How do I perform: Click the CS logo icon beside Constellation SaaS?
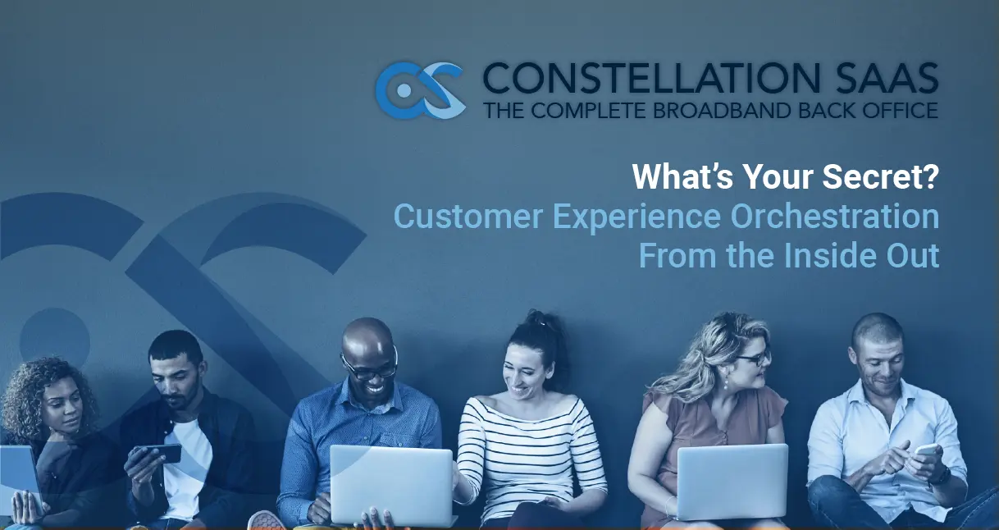point(420,90)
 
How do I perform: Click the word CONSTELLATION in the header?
point(652,78)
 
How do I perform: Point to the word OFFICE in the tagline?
point(900,110)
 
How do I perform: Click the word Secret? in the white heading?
point(880,176)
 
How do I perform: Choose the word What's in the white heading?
point(682,176)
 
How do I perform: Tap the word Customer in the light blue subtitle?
point(468,216)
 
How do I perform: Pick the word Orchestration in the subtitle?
point(834,216)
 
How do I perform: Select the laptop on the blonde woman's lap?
point(732,482)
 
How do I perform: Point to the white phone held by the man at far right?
point(927,450)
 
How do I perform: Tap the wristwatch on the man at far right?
point(942,477)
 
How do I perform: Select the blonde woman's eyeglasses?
point(754,358)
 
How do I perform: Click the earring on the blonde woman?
point(726,384)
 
